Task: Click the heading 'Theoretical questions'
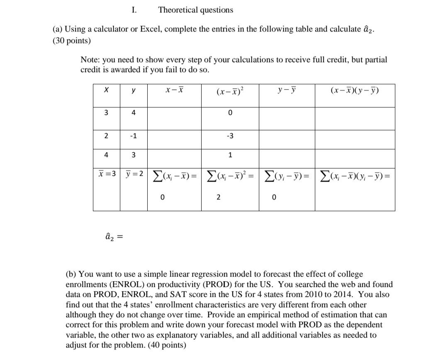(x=195, y=10)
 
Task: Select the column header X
(x=106, y=90)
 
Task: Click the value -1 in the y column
(x=134, y=136)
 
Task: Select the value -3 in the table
(x=230, y=136)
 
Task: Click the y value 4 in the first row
(x=134, y=112)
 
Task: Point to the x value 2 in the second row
(x=106, y=136)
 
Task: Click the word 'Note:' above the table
(x=90, y=60)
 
